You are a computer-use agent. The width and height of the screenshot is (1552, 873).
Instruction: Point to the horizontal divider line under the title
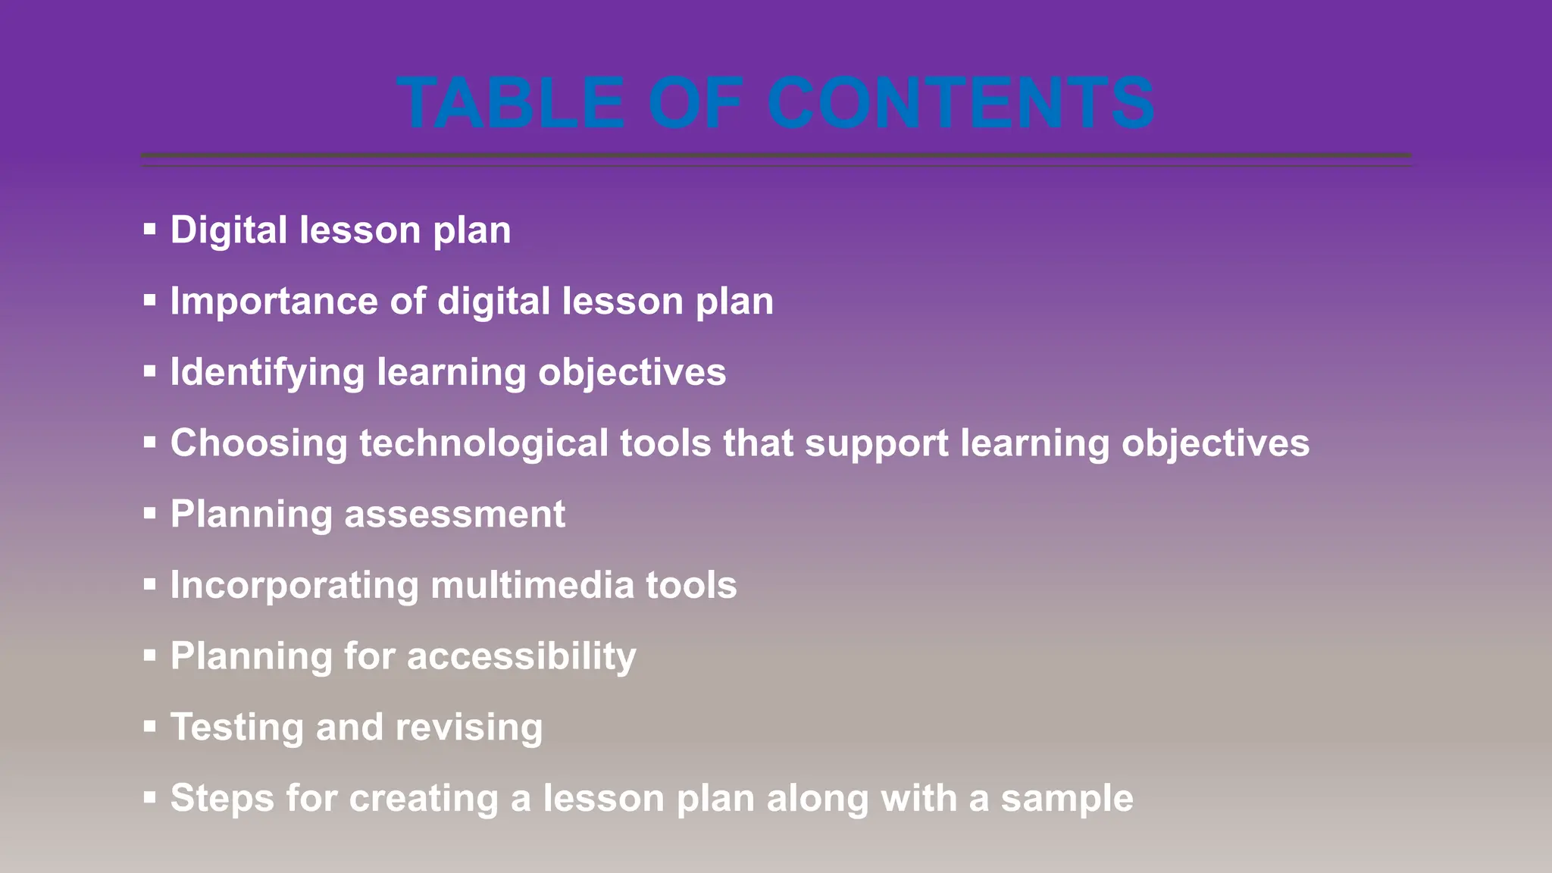776,157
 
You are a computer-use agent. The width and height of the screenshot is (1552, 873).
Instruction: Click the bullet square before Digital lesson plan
149,229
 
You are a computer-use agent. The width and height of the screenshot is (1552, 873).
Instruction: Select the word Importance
274,302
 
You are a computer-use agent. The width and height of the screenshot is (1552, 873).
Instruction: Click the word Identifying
268,373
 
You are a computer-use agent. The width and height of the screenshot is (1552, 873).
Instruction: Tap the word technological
483,443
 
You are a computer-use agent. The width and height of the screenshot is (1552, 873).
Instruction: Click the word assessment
455,515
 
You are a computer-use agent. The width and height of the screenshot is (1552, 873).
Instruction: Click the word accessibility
521,656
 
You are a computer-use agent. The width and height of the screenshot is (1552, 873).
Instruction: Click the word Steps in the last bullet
221,798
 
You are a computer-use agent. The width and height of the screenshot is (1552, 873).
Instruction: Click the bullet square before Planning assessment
149,514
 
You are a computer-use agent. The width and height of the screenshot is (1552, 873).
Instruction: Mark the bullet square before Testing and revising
149,727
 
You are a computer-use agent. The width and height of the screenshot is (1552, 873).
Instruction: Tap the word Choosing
258,443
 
